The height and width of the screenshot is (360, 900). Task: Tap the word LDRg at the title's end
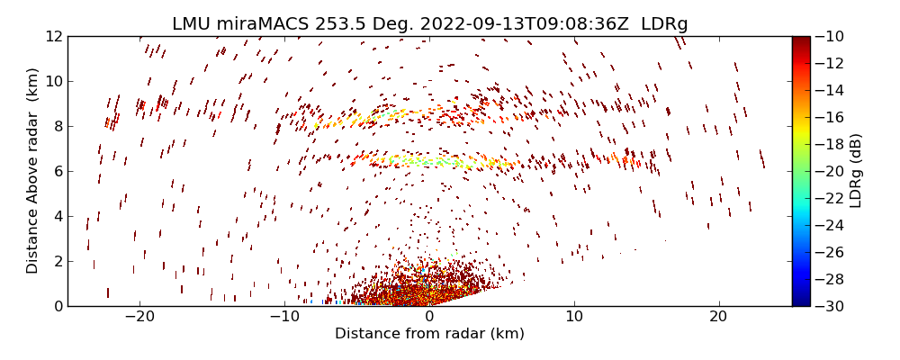[664, 24]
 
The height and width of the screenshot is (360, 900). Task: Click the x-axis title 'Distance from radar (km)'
[429, 334]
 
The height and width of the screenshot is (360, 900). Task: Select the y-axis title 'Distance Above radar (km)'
[32, 170]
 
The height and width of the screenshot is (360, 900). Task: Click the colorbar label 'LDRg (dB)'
[856, 170]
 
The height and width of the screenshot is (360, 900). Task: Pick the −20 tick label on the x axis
[139, 317]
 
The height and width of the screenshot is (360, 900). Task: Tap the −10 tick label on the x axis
[284, 317]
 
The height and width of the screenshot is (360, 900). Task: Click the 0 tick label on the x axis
[429, 317]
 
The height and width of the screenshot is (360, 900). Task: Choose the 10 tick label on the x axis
[574, 317]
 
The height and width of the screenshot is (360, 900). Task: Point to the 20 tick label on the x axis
[718, 317]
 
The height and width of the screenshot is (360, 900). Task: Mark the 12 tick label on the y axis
[52, 36]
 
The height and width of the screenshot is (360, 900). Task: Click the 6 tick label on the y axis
[56, 171]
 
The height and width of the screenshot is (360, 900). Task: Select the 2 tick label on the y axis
[56, 261]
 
